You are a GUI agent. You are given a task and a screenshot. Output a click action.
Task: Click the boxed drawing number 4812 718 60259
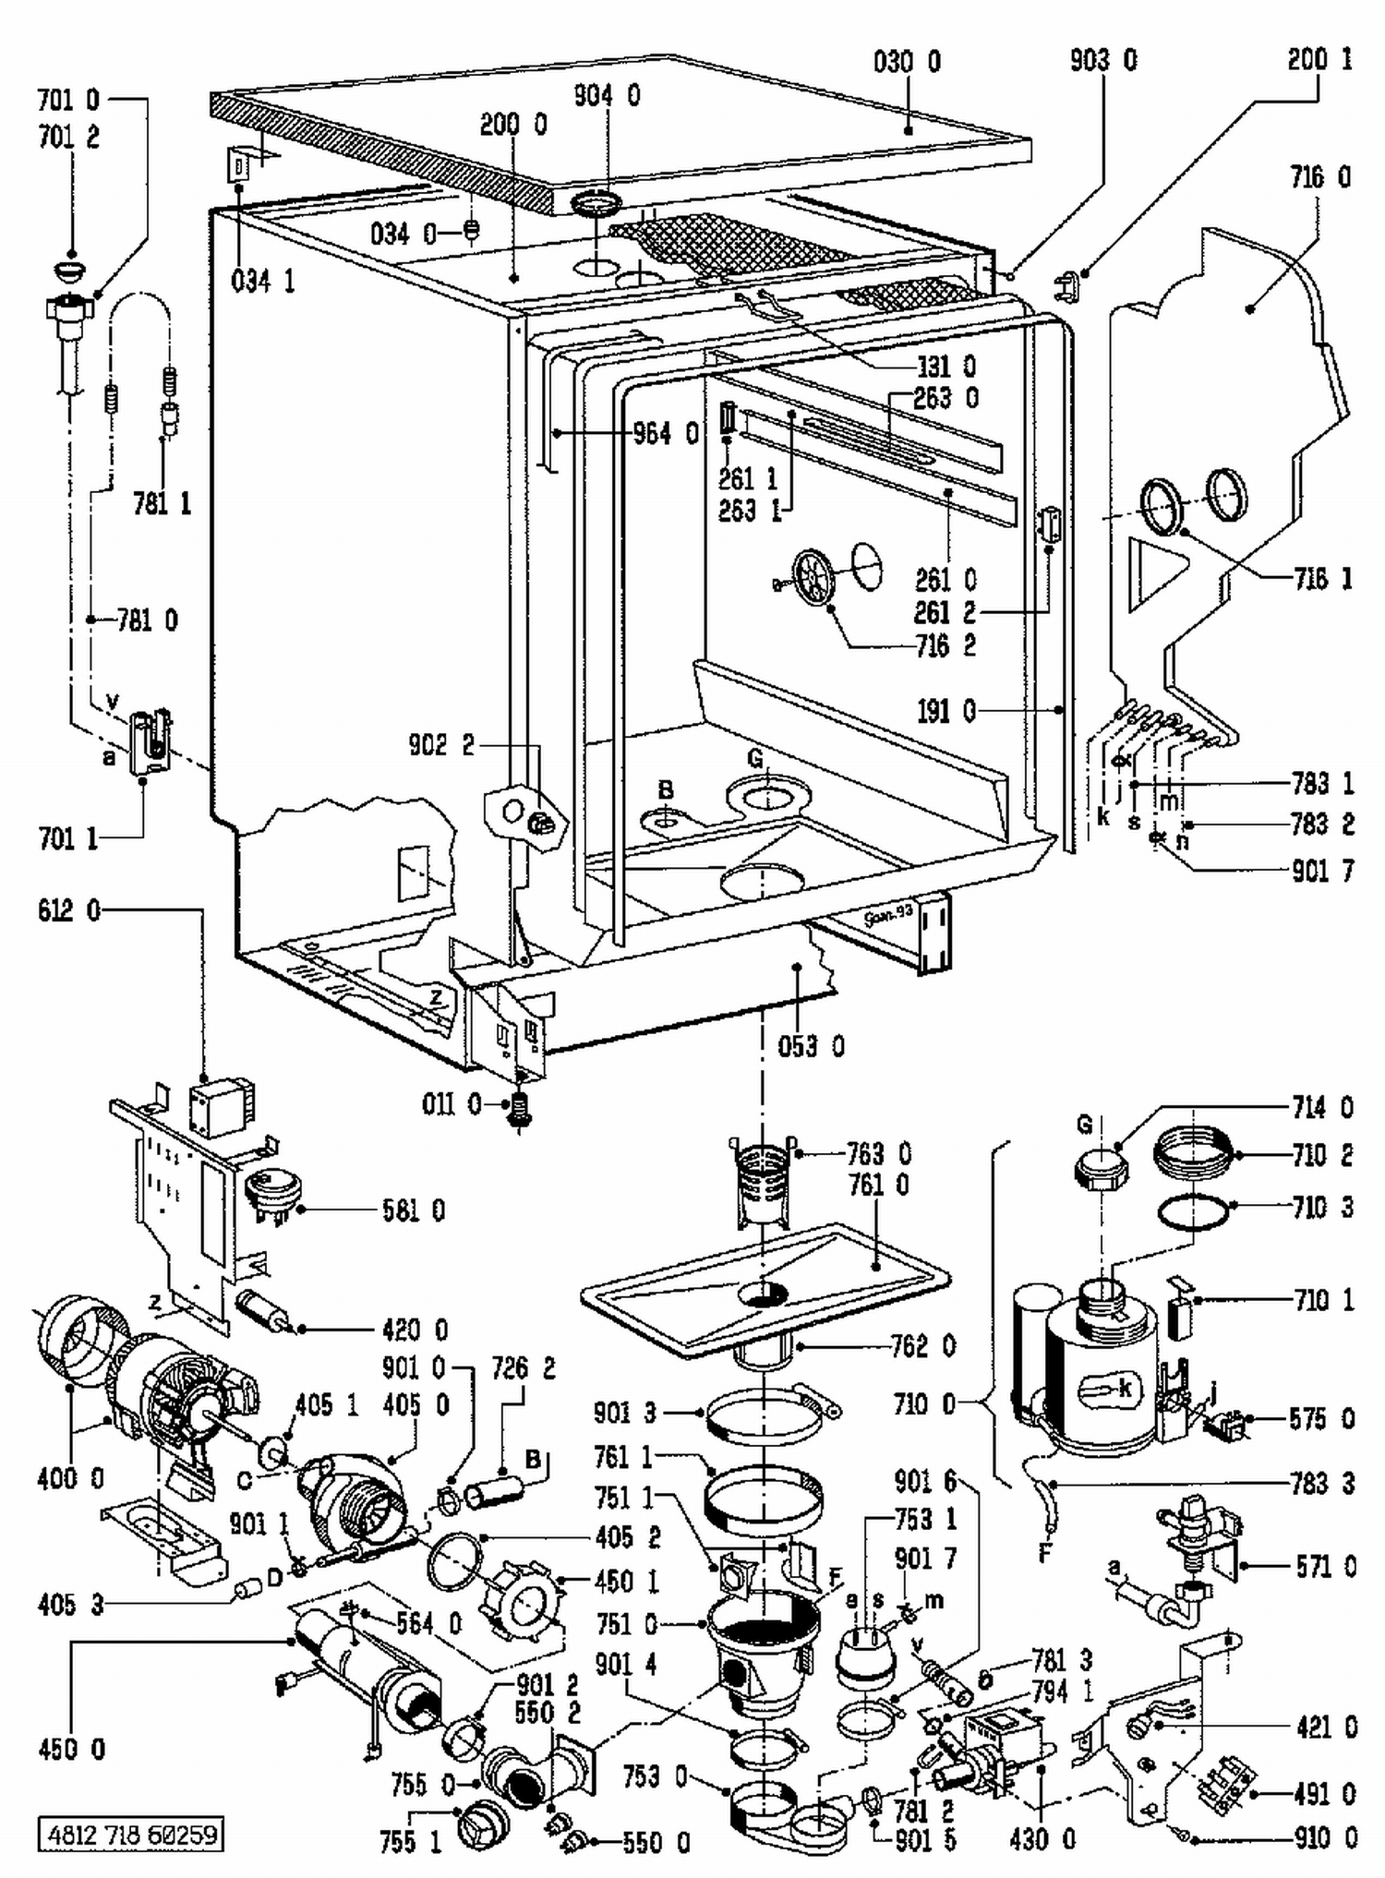click(x=130, y=1833)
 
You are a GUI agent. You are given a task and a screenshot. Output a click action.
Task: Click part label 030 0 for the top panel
click(x=907, y=62)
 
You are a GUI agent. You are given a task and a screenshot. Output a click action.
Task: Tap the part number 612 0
click(x=69, y=911)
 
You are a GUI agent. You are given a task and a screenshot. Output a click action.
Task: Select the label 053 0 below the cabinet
click(x=811, y=1046)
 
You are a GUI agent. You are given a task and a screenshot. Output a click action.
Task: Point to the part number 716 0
click(x=1319, y=177)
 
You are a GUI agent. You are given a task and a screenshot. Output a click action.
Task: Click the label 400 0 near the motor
click(x=70, y=1478)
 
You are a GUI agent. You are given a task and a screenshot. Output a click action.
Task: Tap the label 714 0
click(x=1323, y=1107)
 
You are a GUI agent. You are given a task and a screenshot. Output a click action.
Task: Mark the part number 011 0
click(x=452, y=1103)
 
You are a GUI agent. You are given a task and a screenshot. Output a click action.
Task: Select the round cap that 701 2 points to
click(x=70, y=270)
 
